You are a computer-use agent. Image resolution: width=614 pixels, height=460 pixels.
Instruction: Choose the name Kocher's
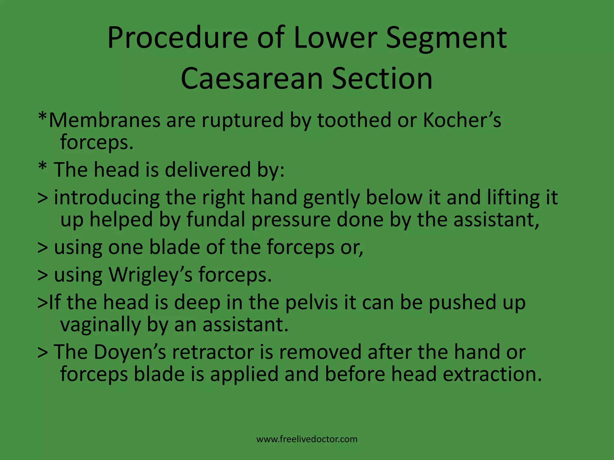click(x=462, y=120)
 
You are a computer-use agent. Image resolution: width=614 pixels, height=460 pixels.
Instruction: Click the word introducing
click(x=107, y=198)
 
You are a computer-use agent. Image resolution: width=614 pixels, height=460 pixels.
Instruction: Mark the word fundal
click(x=216, y=220)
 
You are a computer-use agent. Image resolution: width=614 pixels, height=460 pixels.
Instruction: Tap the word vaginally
click(x=100, y=325)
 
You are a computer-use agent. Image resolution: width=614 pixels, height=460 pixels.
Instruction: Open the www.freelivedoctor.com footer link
click(x=307, y=439)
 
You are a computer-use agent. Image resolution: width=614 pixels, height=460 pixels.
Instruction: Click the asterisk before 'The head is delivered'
click(x=42, y=168)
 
